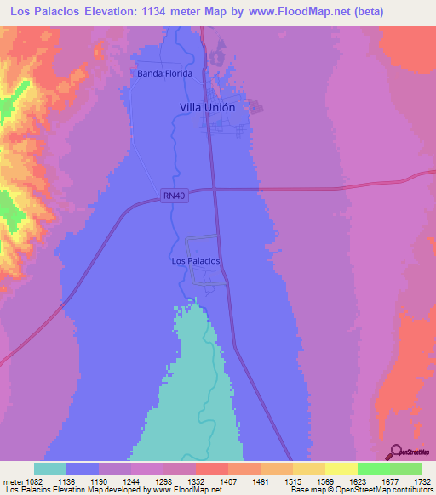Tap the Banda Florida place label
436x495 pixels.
(165, 73)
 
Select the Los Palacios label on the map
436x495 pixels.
(196, 260)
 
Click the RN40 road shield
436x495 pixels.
(174, 196)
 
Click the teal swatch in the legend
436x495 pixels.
(50, 469)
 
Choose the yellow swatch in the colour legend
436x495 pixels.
(341, 469)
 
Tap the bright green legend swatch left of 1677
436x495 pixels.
(374, 469)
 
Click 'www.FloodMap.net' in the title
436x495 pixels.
(288, 12)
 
